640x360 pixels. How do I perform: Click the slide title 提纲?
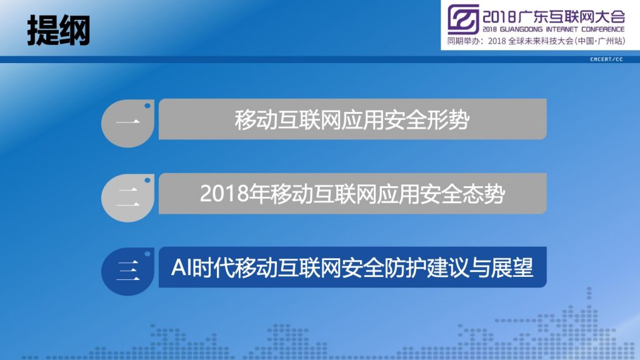(58, 31)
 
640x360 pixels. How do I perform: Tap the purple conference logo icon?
(463, 19)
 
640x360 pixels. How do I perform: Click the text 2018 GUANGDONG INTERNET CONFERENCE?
(554, 29)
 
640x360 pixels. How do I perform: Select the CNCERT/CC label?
(606, 59)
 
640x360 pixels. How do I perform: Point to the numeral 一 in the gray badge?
(127, 121)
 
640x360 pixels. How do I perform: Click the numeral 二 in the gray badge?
(127, 197)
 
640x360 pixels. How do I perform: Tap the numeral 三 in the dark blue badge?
(127, 271)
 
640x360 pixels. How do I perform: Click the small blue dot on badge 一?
(147, 106)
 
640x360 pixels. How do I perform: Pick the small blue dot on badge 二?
(147, 180)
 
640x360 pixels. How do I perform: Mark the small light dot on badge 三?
(147, 254)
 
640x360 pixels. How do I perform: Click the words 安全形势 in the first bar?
(427, 120)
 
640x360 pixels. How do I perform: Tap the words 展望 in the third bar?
(512, 267)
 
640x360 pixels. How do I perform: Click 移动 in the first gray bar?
(256, 120)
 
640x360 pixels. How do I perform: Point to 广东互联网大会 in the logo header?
(572, 16)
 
